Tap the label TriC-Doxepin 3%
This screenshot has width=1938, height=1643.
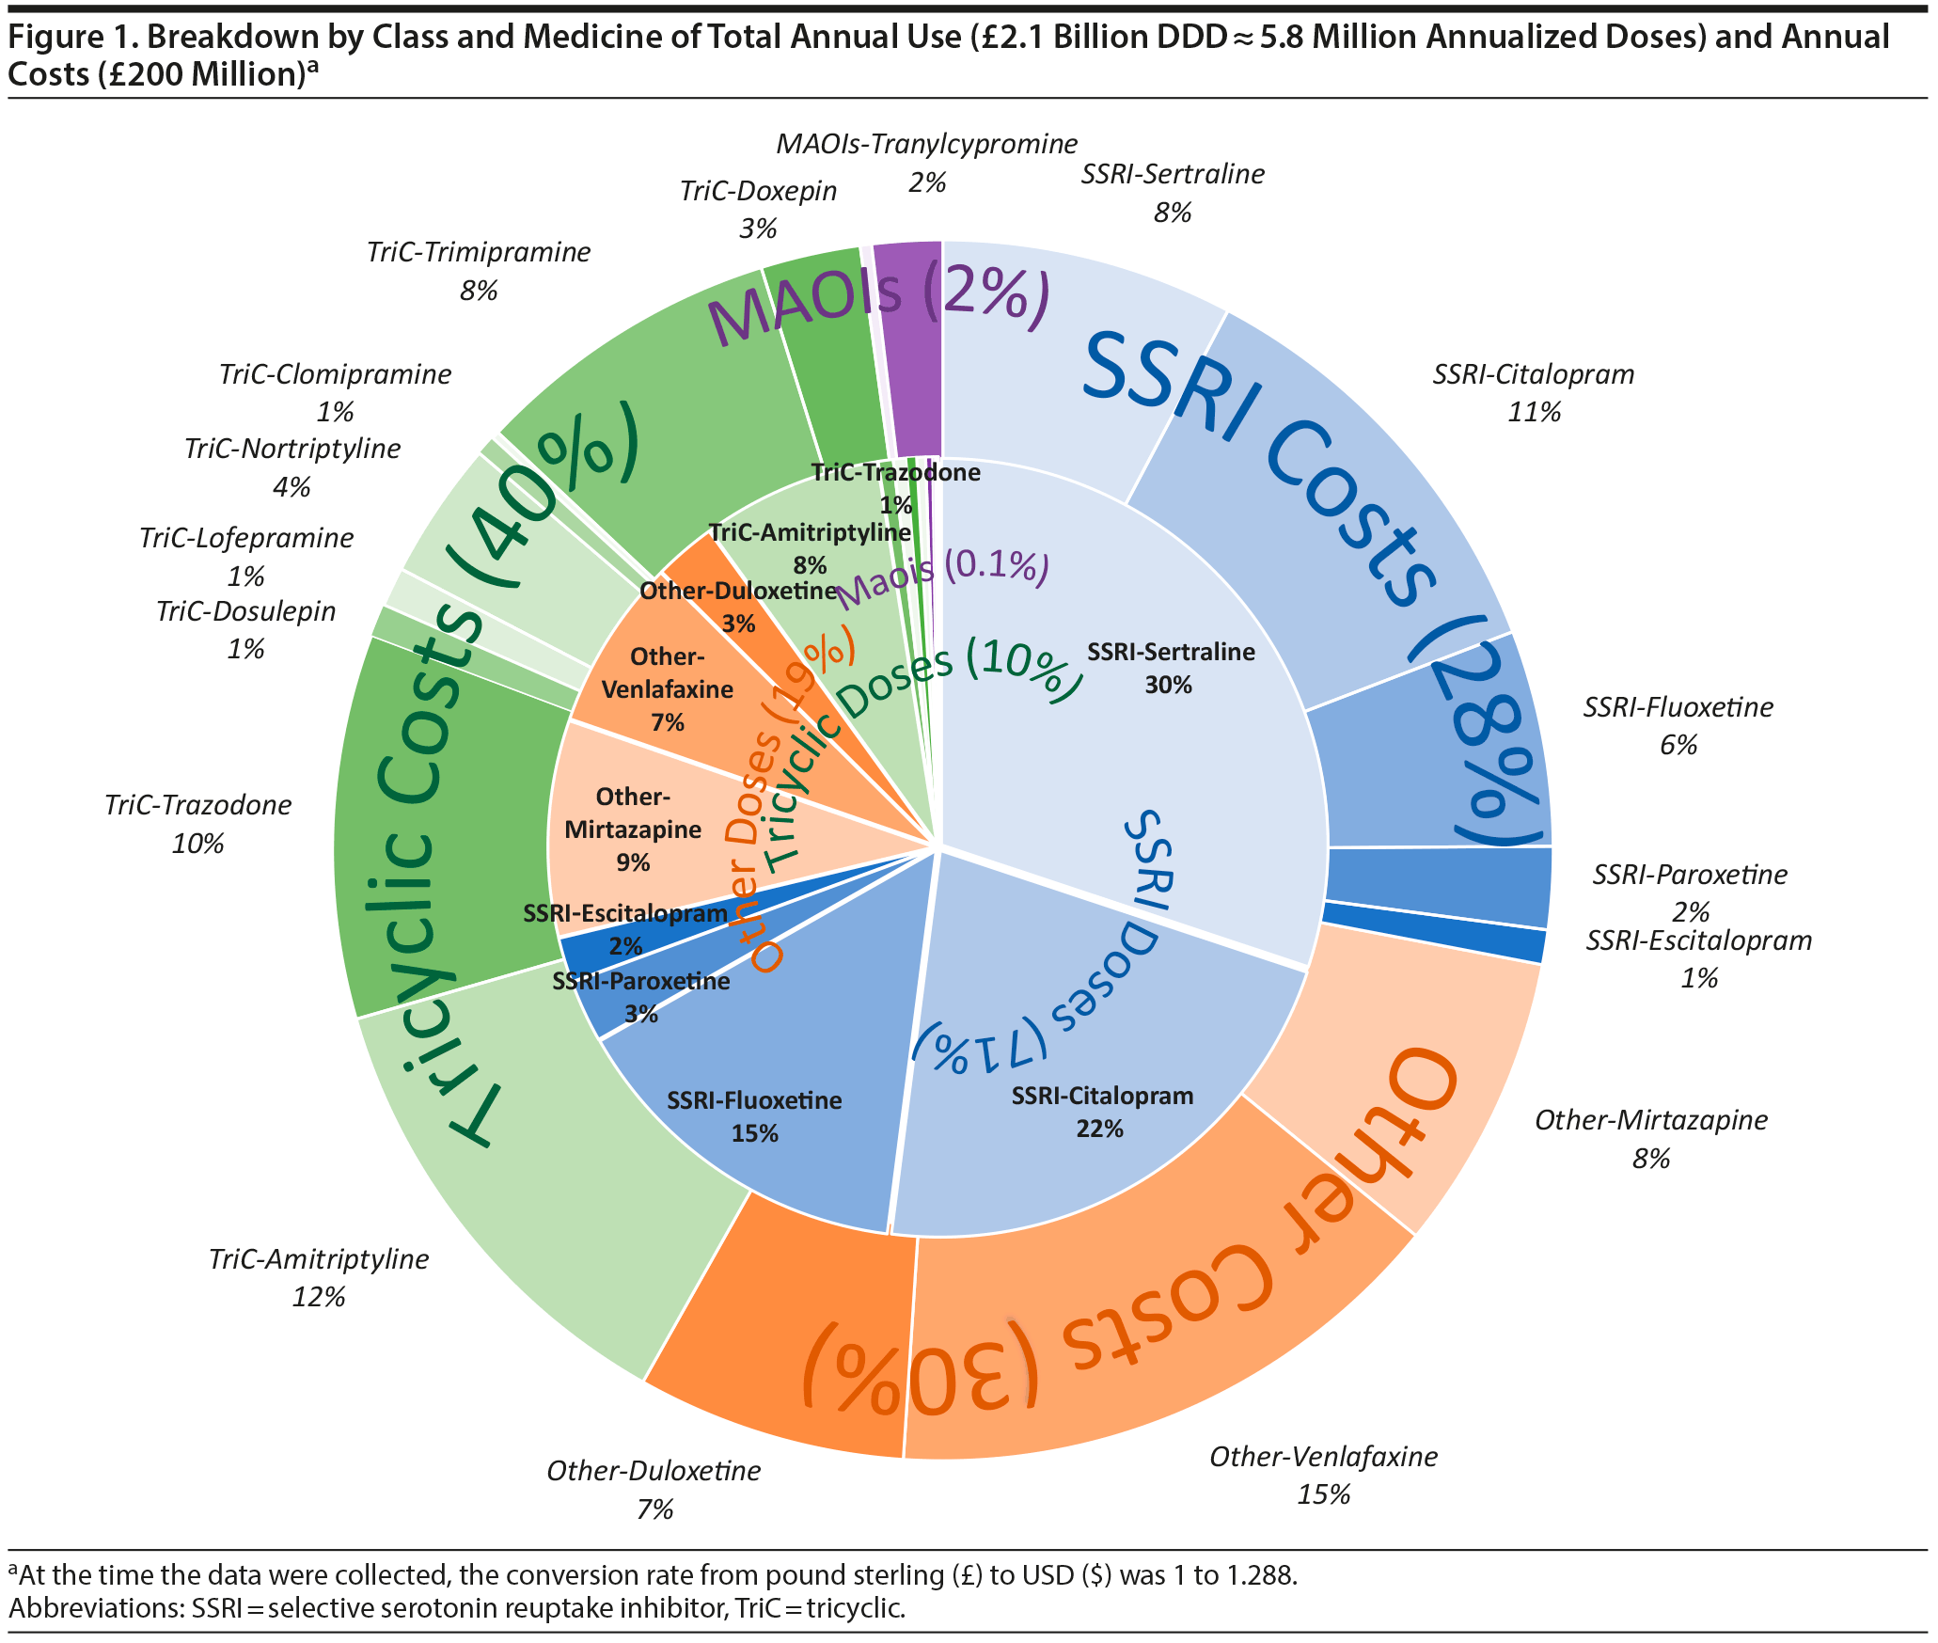point(758,209)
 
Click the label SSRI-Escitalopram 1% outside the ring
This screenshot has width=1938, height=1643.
point(1698,958)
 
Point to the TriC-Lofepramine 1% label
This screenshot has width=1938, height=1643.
point(246,556)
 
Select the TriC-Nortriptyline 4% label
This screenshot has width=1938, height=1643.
point(291,466)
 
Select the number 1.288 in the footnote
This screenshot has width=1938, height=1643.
point(1259,1574)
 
